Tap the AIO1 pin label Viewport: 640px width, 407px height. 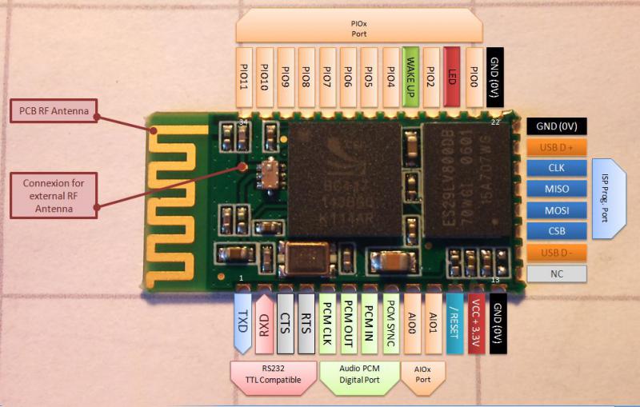coord(433,325)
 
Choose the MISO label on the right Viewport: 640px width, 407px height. coord(557,189)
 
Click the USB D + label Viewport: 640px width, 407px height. coord(557,147)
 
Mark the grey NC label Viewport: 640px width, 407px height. coord(557,273)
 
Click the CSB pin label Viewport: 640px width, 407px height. coord(557,231)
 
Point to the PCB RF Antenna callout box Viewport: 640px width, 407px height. coord(54,110)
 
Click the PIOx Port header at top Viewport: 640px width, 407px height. coord(358,30)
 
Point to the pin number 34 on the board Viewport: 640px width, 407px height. coord(242,122)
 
